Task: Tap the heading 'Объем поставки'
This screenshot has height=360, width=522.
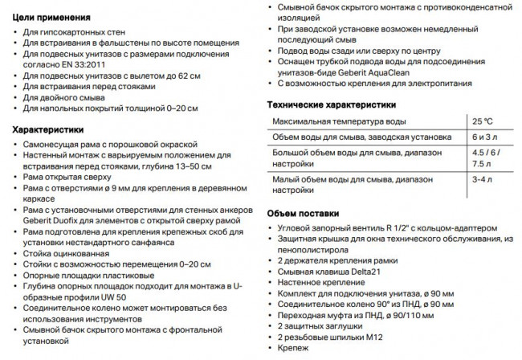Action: [x=304, y=212]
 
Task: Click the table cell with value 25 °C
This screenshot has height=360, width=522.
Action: [x=483, y=121]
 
